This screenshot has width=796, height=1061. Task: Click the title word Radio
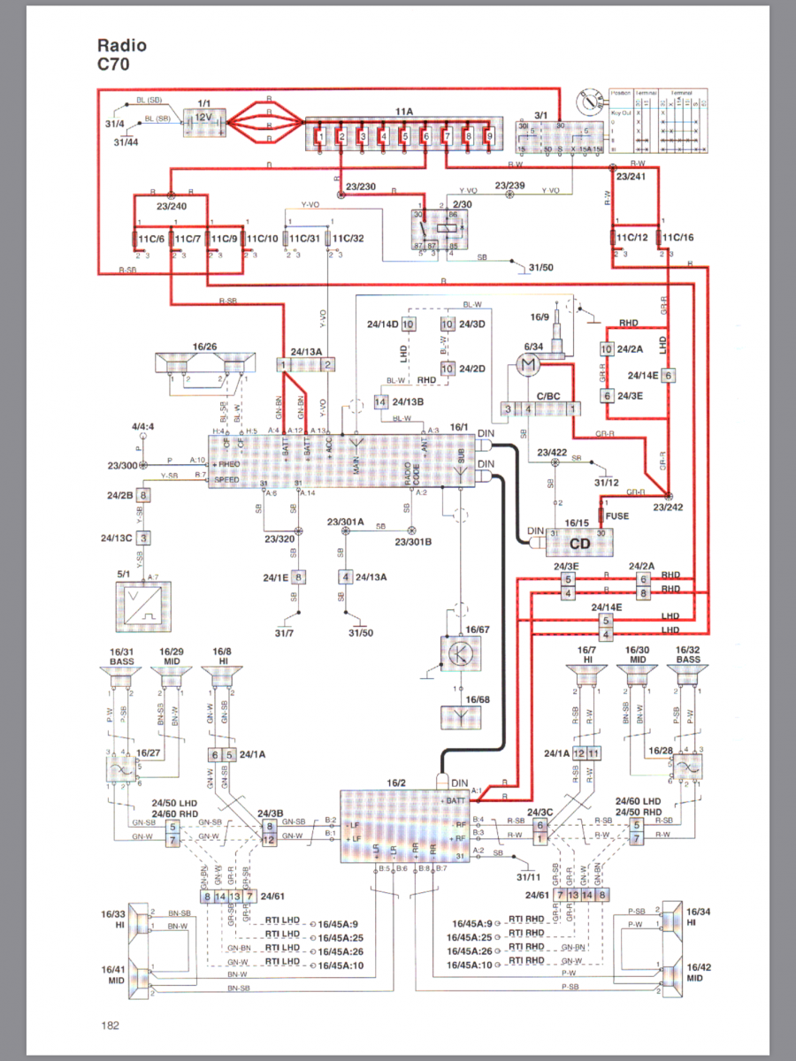[122, 46]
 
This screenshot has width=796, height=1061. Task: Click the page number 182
[110, 1025]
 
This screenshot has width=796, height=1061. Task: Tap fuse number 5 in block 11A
[404, 136]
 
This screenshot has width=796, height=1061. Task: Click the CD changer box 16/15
[578, 542]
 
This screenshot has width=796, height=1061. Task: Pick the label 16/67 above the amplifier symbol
[478, 630]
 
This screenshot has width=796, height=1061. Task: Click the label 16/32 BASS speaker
[688, 655]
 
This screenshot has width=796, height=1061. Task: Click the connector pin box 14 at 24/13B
[380, 402]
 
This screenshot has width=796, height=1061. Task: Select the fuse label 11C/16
[677, 239]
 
